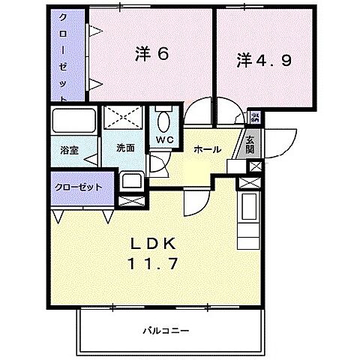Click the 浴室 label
pos(70,148)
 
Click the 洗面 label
pos(125,148)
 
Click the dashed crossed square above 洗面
pos(124,118)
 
